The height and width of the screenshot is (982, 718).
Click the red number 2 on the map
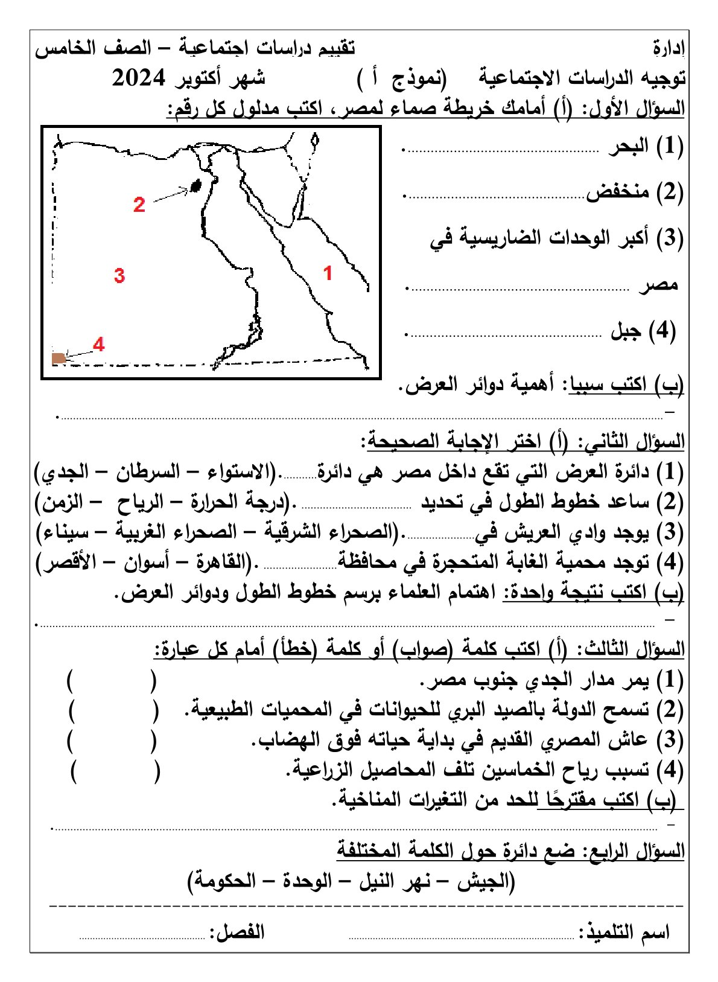139,205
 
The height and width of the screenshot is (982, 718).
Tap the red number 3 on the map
119,276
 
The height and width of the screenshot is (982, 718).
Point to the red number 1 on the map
328,273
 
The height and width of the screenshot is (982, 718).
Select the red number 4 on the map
99,344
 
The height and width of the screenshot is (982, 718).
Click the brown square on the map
59,359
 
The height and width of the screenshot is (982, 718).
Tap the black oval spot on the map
195,186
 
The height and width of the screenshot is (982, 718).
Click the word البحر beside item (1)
628,147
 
